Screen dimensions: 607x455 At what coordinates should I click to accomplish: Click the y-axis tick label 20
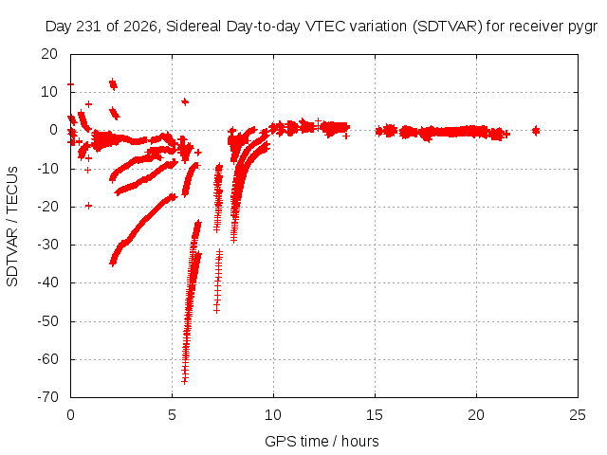49,54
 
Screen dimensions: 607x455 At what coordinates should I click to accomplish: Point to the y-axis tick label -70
47,397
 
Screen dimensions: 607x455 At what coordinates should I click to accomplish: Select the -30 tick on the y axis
47,245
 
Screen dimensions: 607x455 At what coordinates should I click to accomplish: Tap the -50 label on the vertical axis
47,321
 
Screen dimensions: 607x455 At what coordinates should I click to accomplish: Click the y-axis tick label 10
49,92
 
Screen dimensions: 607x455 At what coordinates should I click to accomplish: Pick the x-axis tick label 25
578,415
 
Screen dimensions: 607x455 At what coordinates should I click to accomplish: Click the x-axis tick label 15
375,415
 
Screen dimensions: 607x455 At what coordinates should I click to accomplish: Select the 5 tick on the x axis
172,415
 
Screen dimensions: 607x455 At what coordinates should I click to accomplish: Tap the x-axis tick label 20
476,415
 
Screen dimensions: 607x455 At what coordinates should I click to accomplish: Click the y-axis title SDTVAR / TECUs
12,227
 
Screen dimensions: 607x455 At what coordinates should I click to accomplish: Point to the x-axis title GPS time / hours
322,442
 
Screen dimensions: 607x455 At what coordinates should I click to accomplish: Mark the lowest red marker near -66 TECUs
185,381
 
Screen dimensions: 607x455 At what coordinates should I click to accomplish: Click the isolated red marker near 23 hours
536,131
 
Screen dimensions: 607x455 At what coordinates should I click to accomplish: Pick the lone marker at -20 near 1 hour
88,206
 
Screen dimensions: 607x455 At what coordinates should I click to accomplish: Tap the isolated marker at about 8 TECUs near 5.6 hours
185,101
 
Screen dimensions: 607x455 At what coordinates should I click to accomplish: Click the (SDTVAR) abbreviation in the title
447,27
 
